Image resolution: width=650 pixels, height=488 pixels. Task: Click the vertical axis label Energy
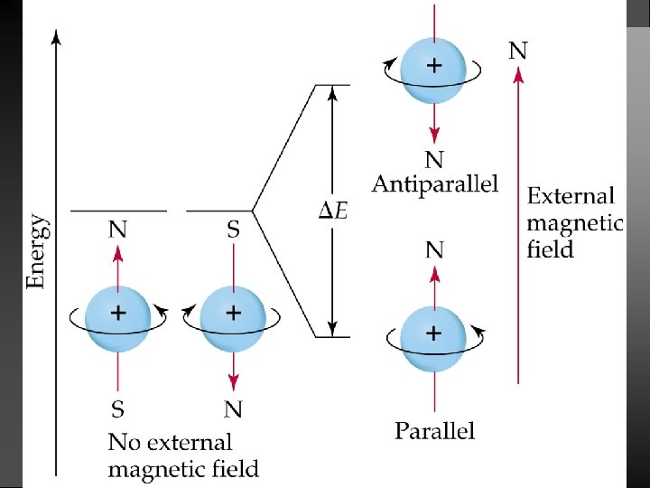click(37, 251)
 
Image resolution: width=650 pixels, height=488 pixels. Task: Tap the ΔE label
click(334, 211)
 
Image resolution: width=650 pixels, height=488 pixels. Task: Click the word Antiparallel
click(434, 184)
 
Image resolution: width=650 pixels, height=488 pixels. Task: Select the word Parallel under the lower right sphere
click(434, 430)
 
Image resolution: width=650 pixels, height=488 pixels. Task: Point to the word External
click(571, 196)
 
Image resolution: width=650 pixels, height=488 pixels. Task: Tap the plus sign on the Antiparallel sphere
click(434, 65)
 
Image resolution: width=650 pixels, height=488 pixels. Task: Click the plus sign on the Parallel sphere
click(434, 333)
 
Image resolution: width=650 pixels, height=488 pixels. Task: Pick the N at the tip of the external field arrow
click(518, 51)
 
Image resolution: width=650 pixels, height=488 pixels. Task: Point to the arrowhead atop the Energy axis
click(56, 35)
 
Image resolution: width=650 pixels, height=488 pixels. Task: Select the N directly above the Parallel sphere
click(434, 249)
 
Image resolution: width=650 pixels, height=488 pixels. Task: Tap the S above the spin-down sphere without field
click(233, 231)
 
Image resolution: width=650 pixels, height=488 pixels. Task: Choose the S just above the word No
click(117, 410)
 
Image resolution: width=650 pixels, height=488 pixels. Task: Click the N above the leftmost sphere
click(117, 231)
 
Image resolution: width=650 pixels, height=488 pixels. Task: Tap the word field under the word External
click(550, 249)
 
